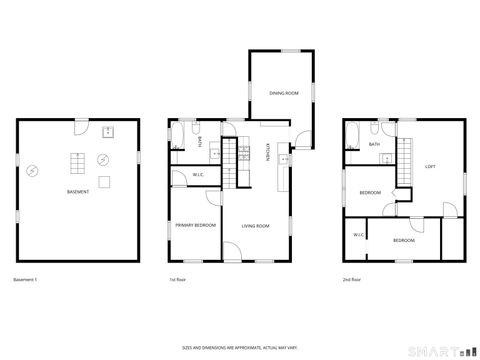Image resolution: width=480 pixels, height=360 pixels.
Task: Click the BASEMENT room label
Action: (x=78, y=191)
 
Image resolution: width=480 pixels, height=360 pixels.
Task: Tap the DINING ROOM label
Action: (x=284, y=93)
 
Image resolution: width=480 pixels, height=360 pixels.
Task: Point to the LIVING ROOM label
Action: (x=256, y=226)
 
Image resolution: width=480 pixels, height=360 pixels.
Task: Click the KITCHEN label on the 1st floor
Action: (x=267, y=153)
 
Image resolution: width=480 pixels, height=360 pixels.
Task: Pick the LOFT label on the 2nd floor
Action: (x=430, y=166)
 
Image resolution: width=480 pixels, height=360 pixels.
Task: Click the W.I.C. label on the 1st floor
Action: (x=198, y=176)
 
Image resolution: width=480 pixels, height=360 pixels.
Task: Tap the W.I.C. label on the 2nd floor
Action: (x=357, y=234)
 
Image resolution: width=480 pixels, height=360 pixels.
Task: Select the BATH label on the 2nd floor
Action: (x=374, y=144)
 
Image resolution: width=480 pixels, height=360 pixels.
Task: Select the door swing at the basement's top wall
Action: (x=87, y=127)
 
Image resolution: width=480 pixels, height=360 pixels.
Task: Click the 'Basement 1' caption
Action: (x=27, y=279)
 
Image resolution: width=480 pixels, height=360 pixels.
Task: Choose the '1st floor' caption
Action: (x=178, y=279)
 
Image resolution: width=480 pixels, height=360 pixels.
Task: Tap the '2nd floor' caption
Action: (x=352, y=279)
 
